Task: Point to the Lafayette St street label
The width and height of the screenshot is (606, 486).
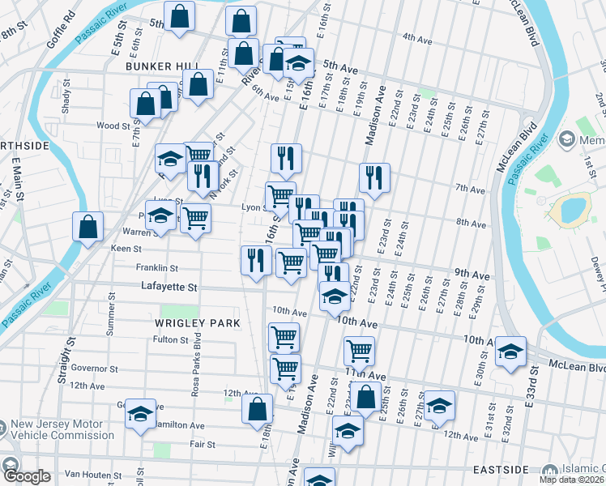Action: [x=169, y=287]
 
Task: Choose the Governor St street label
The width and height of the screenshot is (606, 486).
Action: [x=95, y=368]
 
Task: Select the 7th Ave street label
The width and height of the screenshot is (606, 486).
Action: [x=470, y=189]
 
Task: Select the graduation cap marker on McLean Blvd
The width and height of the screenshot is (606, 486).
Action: [x=510, y=352]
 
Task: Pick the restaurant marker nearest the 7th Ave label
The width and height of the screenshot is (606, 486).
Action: [x=374, y=178]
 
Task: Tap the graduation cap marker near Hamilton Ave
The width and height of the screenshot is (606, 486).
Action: [x=140, y=415]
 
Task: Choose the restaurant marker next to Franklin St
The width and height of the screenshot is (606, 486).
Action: [x=254, y=261]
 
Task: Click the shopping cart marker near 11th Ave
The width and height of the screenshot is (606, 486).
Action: [x=359, y=351]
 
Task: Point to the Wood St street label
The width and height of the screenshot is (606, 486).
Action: [x=113, y=126]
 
